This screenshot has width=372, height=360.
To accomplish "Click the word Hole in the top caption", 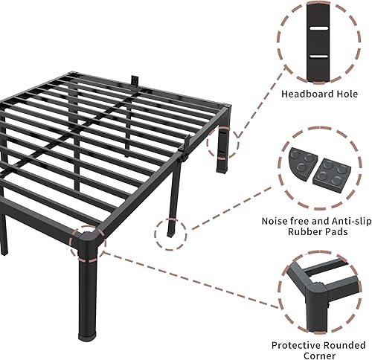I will click(346, 94).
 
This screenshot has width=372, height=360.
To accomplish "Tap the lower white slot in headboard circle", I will click(318, 56).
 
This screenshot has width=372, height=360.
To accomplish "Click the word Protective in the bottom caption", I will click(295, 344).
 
